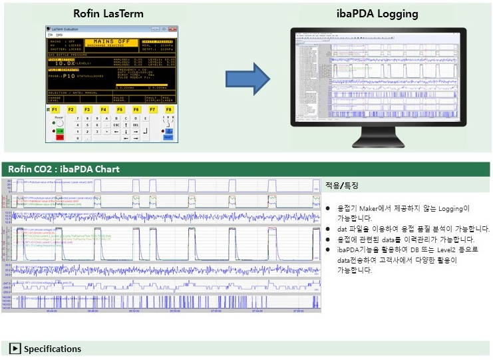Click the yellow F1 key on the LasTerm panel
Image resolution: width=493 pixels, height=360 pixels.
pyautogui.click(x=55, y=108)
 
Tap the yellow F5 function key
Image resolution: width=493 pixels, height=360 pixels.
pyautogui.click(x=120, y=108)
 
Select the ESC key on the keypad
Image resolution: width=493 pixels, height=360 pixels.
pyautogui.click(x=116, y=124)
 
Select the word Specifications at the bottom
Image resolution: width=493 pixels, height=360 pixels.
pyautogui.click(x=53, y=349)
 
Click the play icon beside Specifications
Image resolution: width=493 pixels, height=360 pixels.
pyautogui.click(x=15, y=349)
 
